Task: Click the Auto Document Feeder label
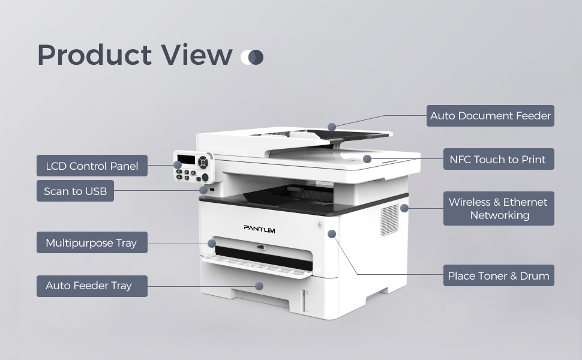(490, 116)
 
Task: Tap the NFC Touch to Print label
(497, 160)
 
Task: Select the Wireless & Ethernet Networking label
(498, 209)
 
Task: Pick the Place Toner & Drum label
(498, 276)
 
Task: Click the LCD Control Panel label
(92, 166)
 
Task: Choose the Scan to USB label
(75, 191)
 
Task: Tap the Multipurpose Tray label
(91, 243)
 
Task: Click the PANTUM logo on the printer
(259, 228)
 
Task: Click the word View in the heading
(196, 55)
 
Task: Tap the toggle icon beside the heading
(252, 57)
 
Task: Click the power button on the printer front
(319, 226)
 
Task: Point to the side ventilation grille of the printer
(389, 219)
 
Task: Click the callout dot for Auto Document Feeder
(332, 127)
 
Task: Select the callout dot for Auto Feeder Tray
(259, 286)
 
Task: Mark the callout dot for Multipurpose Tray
(212, 243)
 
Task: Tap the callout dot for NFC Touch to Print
(367, 159)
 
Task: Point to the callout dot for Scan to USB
(205, 191)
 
